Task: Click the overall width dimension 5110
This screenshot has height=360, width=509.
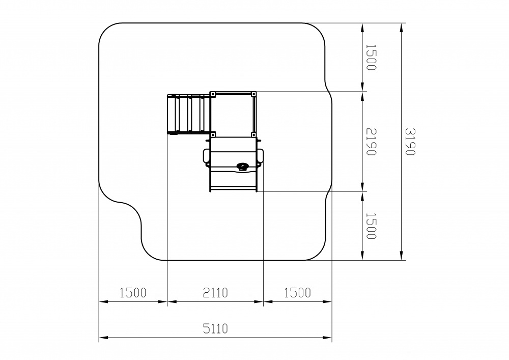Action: click(215, 328)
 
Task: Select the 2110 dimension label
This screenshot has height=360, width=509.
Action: click(215, 293)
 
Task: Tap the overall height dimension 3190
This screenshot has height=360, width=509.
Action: click(410, 142)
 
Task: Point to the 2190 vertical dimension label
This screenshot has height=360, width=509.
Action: click(371, 142)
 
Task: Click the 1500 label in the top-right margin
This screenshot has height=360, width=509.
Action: click(371, 57)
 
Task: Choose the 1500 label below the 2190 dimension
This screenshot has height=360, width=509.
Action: click(371, 226)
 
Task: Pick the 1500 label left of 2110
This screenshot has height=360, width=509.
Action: click(133, 293)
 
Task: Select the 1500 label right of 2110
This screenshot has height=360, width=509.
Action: click(297, 293)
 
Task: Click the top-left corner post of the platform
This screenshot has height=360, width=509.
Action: click(213, 94)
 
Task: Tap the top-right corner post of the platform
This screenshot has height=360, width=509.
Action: click(253, 94)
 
